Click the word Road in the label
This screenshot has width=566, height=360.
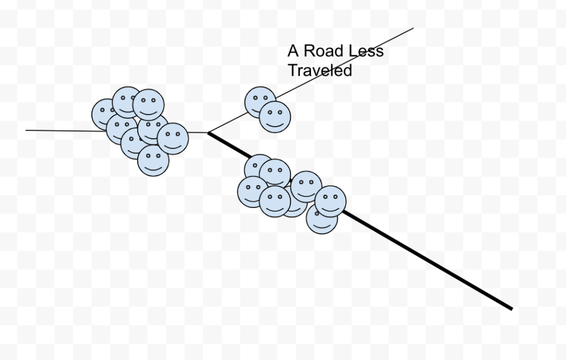coord(324,51)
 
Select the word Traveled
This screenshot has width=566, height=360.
coord(320,71)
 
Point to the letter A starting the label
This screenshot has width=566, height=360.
coord(293,51)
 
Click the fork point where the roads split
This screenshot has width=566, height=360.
coord(208,133)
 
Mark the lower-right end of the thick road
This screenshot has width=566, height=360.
coord(511,309)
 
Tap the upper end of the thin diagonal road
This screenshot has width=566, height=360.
coord(413,28)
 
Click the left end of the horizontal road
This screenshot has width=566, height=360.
coord(27,131)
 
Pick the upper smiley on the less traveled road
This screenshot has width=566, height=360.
coord(260,102)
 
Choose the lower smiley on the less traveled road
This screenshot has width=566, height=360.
coord(275,117)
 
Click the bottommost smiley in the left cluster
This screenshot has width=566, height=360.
coord(153,160)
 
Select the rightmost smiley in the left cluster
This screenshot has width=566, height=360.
coord(173,138)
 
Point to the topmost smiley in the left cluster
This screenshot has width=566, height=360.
coord(127,101)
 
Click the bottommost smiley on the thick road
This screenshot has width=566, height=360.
coord(321,218)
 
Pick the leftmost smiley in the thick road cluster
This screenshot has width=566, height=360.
coord(252,191)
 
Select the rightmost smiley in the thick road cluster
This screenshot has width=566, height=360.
coord(331,201)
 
